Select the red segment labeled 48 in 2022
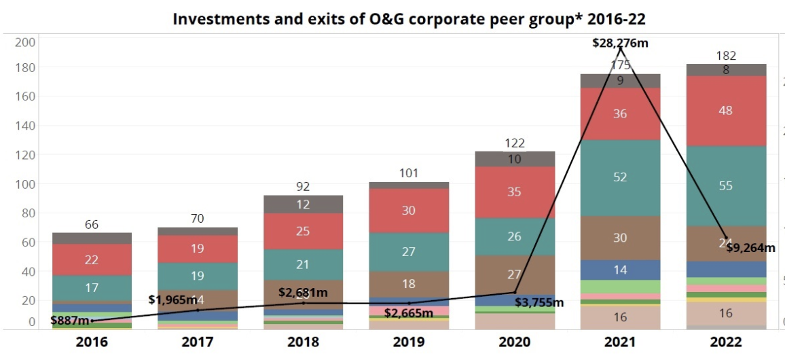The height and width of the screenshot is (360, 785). pos(726,111)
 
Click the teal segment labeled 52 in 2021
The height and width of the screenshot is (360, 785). pos(621,177)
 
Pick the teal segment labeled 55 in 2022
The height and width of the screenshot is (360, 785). pos(726,185)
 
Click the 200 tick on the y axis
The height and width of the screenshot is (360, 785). pos(25,42)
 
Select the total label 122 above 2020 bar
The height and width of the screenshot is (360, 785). pos(515,143)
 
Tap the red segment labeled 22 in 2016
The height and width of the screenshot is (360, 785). pos(92,259)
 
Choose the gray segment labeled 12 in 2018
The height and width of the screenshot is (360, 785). pos(304,204)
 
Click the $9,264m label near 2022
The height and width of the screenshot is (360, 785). pos(750,248)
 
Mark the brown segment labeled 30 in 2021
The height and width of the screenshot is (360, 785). pos(621,238)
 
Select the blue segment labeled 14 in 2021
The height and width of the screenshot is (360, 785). pos(621,270)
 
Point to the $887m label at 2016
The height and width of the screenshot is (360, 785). pos(70,320)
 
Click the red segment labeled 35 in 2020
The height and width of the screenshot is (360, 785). pos(515,192)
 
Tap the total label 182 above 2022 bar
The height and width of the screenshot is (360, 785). pos(726,56)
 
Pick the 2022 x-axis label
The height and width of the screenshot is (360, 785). pos(726,342)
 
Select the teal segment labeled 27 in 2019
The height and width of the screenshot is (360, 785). pos(409,252)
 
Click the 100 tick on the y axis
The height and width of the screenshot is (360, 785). pos(25,184)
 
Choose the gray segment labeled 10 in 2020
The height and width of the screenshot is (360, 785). pos(515,159)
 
